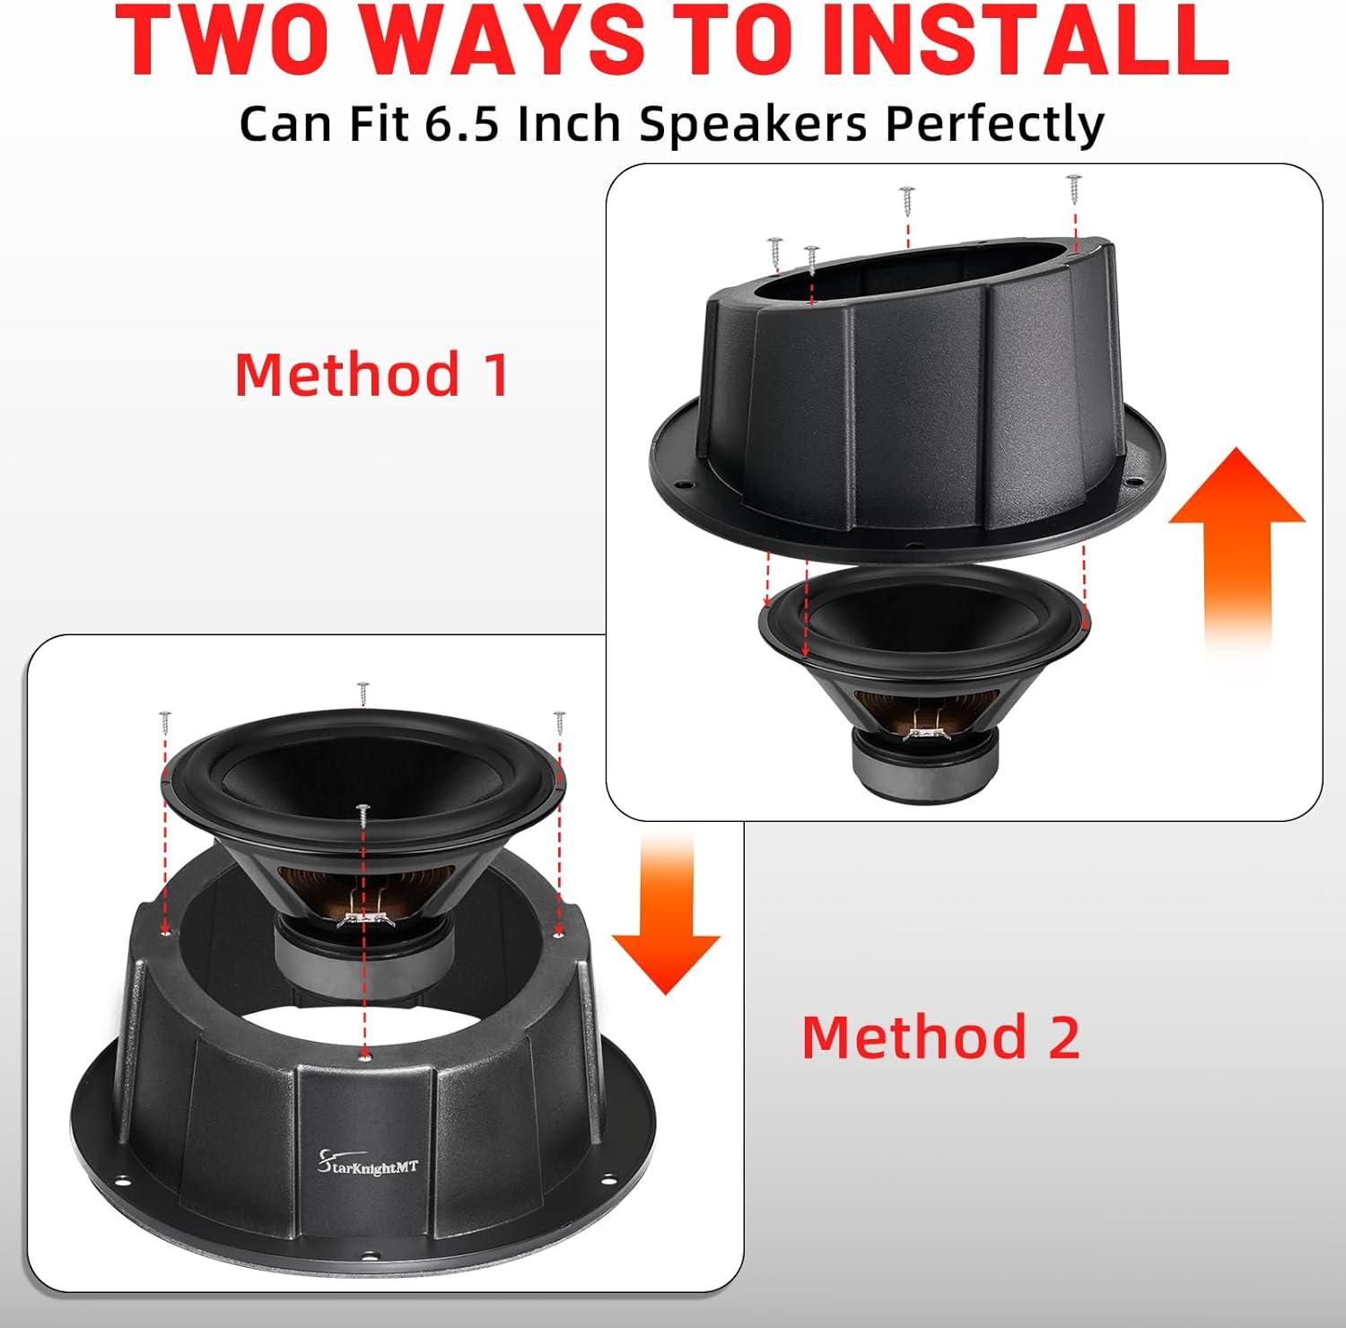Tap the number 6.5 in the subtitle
(461, 124)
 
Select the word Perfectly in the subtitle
(993, 125)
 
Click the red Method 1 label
(371, 374)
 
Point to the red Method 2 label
(941, 1036)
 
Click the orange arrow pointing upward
(1237, 552)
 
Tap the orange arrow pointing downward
(666, 911)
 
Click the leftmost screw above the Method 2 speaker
(165, 721)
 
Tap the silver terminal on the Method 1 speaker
(924, 733)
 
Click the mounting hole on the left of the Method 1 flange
(686, 485)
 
